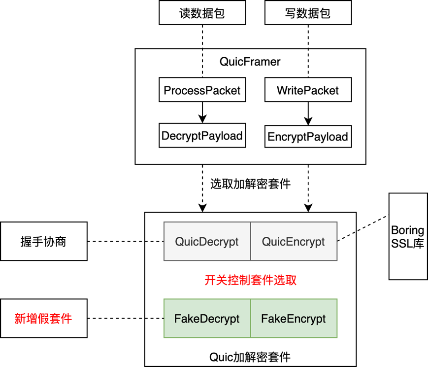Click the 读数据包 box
(202, 13)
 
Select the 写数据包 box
(308, 13)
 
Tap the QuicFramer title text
(250, 62)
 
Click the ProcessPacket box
(202, 90)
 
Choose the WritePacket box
(308, 90)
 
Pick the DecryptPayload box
(202, 136)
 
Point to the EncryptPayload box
(308, 136)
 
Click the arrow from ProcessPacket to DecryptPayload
(202, 113)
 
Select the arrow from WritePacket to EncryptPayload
(308, 113)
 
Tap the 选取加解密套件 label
(250, 184)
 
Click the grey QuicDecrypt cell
(207, 242)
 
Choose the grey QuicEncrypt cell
(294, 242)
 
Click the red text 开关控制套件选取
(250, 280)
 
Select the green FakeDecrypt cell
(207, 318)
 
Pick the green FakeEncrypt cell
(294, 318)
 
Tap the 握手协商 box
(43, 241)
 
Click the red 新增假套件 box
(43, 318)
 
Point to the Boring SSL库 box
(407, 237)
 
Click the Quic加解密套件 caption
(250, 357)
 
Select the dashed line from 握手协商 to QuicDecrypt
(126, 242)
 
